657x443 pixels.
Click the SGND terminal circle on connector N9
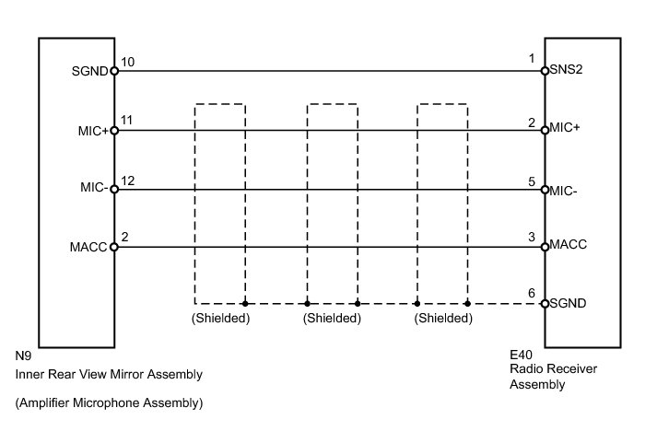click(x=114, y=70)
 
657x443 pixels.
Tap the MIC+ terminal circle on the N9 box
click(x=114, y=130)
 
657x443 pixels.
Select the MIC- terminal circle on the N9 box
click(x=114, y=189)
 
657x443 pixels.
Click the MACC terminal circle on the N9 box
click(x=114, y=247)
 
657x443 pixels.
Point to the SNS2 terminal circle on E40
click(x=545, y=70)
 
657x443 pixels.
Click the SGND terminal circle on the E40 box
click(x=545, y=303)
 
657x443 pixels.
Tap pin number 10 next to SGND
click(x=127, y=61)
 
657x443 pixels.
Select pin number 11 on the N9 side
click(x=127, y=121)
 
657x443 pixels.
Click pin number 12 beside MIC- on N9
click(x=127, y=180)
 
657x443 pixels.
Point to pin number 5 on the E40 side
click(x=532, y=181)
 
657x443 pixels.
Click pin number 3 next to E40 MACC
click(x=532, y=238)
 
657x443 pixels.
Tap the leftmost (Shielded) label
click(x=220, y=319)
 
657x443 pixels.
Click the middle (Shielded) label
click(x=332, y=319)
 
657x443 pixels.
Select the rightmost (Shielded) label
click(x=443, y=319)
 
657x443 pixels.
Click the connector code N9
click(x=24, y=355)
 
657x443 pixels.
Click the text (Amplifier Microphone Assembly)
click(x=109, y=403)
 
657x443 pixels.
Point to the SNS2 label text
click(x=567, y=70)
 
